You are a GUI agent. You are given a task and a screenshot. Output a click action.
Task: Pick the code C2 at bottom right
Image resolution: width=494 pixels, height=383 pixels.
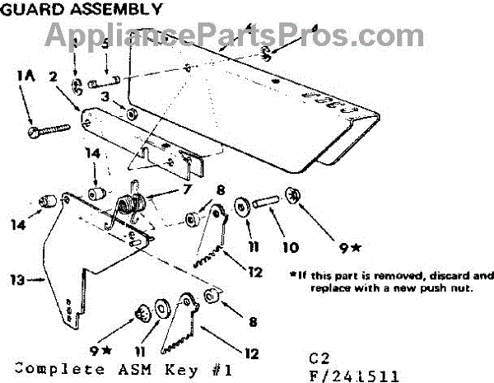[319, 360]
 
